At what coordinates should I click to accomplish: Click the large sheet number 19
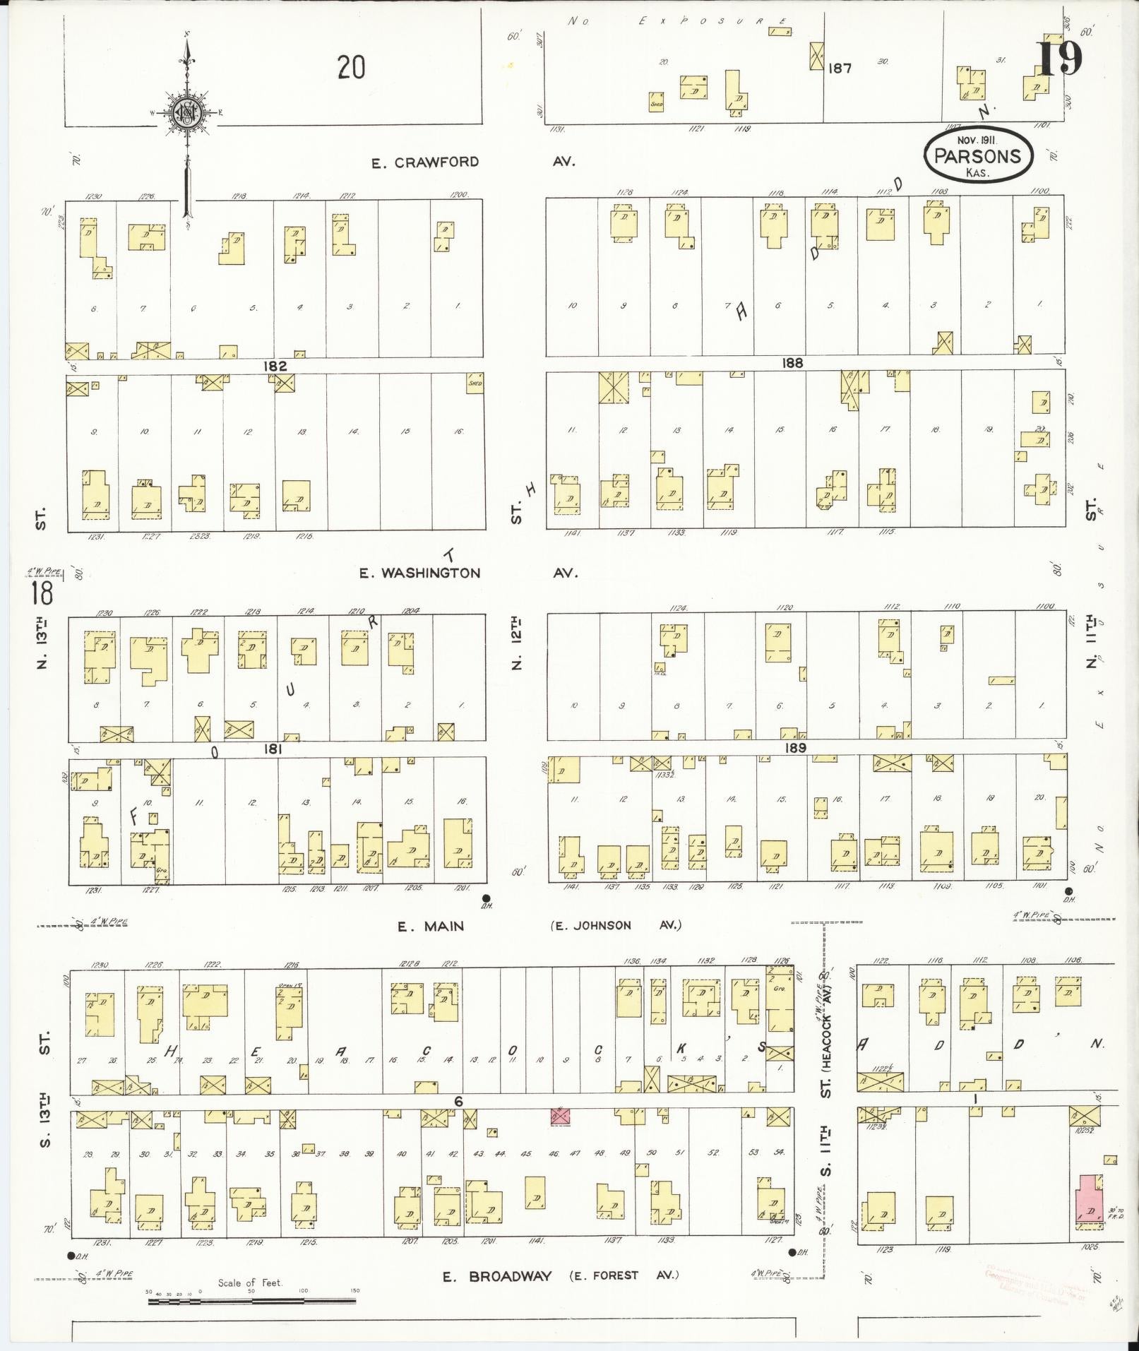(x=1059, y=59)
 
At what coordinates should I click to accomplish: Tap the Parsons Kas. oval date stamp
(x=978, y=155)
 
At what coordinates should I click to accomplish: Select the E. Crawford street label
(x=426, y=162)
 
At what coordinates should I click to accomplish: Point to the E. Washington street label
(x=419, y=573)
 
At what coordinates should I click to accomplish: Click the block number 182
(x=275, y=366)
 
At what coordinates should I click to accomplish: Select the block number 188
(x=792, y=363)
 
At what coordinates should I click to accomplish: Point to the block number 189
(x=795, y=747)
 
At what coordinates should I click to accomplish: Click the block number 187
(x=840, y=69)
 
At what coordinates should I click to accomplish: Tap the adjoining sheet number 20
(x=351, y=69)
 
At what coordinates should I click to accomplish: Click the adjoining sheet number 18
(x=42, y=593)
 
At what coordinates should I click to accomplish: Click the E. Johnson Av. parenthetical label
(x=616, y=925)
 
